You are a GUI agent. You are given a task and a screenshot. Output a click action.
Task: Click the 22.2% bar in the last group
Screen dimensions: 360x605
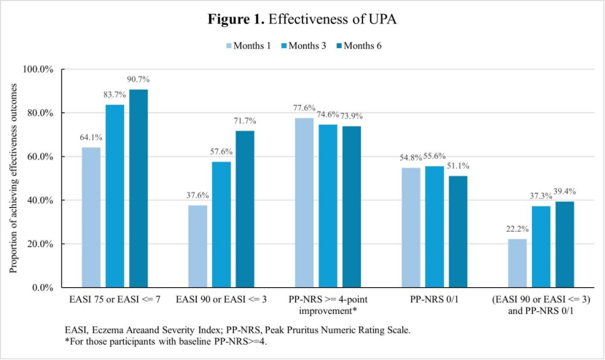[518, 262]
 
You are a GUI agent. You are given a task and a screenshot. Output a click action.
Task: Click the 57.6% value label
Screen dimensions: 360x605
[222, 152]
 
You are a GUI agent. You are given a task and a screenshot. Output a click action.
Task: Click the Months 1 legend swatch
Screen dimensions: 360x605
[229, 46]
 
